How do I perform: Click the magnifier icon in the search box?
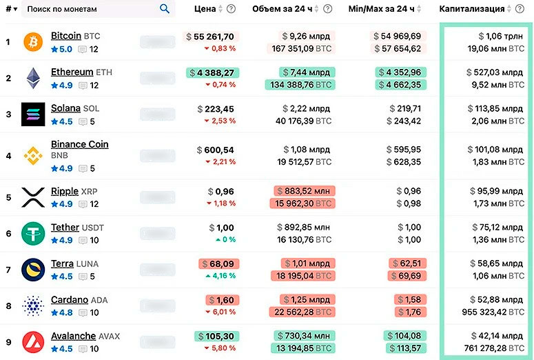[165, 9]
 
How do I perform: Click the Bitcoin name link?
[66, 36]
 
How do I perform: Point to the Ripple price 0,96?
[222, 192]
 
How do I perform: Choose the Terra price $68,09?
[217, 263]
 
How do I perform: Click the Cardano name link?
[70, 300]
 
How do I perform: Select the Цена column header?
[206, 9]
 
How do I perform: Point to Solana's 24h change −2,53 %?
[219, 121]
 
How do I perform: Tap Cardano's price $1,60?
[220, 300]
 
